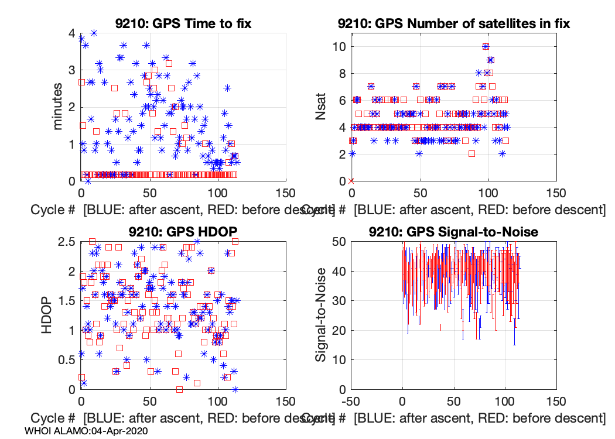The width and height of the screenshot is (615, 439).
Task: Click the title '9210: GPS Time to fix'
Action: (183, 23)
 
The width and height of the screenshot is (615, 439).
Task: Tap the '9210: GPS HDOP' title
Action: (183, 232)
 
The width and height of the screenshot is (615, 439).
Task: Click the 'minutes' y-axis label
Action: (58, 107)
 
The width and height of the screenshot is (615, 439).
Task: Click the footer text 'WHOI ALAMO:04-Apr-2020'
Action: (86, 430)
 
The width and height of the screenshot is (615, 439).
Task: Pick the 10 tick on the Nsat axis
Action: (339, 47)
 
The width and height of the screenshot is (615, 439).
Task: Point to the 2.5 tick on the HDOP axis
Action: (66, 241)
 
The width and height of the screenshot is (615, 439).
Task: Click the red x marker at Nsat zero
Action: (351, 181)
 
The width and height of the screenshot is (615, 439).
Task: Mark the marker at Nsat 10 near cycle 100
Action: (486, 47)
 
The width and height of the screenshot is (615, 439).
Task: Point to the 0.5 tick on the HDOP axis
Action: (66, 359)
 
